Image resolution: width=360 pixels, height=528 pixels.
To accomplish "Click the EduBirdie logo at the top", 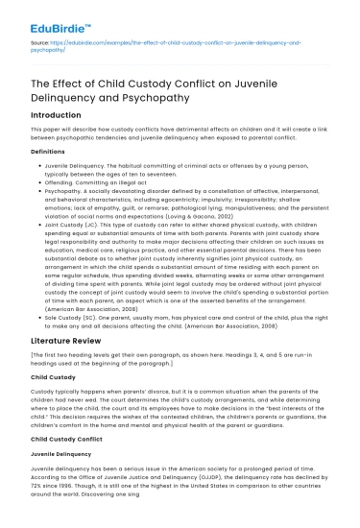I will pos(49,14).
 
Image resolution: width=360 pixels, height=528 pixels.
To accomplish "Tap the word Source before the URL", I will pos(39,43).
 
